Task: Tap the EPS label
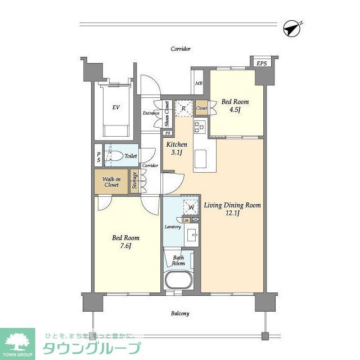tap(262, 63)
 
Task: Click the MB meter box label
tap(199, 84)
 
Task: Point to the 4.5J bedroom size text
tap(235, 110)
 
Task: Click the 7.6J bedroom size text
tap(125, 246)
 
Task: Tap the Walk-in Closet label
tap(111, 181)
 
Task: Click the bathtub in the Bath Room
tap(179, 281)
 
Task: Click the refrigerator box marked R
tap(183, 107)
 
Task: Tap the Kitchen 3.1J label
tap(176, 148)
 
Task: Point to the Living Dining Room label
tap(232, 205)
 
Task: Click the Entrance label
tap(151, 113)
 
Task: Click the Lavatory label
tap(172, 227)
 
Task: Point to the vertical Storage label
tap(135, 181)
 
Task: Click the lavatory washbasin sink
tap(191, 235)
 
